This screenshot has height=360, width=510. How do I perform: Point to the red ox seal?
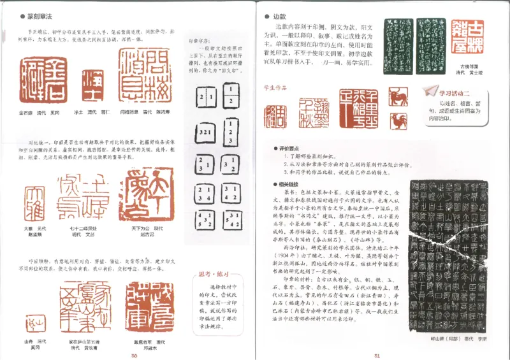pyautogui.click(x=398, y=97)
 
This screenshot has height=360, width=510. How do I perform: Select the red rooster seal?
pyautogui.click(x=398, y=120)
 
